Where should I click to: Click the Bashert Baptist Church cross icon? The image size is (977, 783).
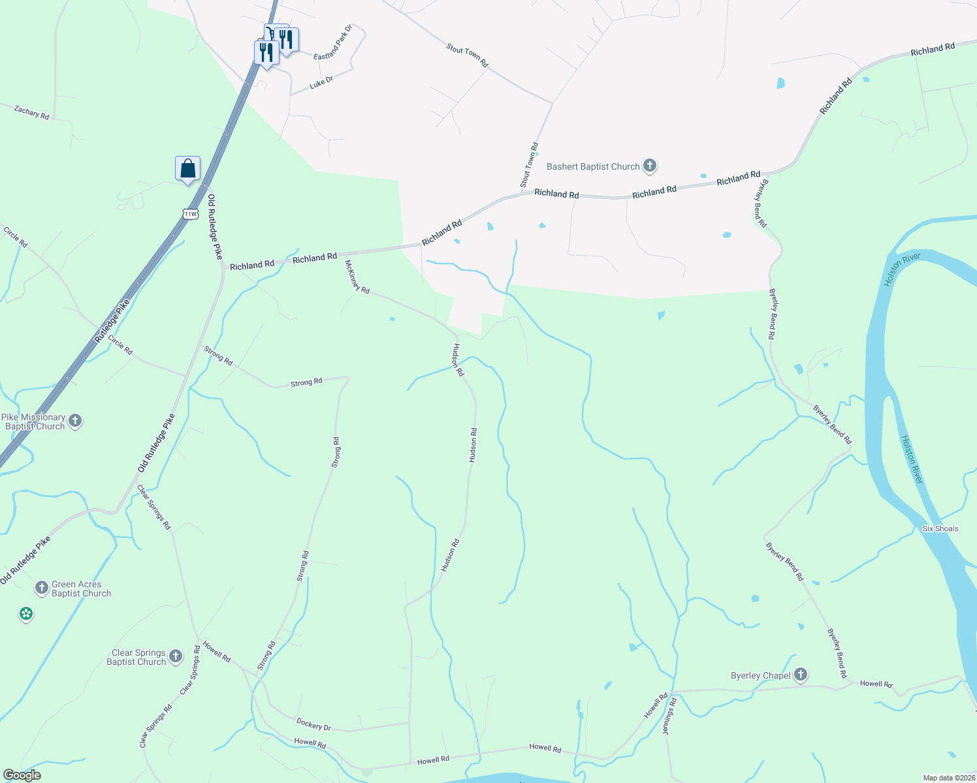click(x=649, y=166)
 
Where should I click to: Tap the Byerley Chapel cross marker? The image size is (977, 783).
click(x=801, y=675)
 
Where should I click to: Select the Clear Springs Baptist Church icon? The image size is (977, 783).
click(x=176, y=656)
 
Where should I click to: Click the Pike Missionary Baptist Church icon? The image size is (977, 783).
click(x=75, y=421)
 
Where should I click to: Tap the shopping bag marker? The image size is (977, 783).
click(x=187, y=169)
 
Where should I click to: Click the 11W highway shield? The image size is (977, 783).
click(x=190, y=214)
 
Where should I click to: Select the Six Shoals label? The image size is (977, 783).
click(x=940, y=529)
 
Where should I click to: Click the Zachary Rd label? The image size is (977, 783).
click(x=31, y=112)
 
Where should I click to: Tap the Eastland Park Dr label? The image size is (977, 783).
click(x=333, y=43)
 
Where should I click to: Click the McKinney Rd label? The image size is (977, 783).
click(x=357, y=277)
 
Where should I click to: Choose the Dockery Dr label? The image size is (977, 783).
click(x=313, y=724)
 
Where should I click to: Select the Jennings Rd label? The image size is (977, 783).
click(x=669, y=716)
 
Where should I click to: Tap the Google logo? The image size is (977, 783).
click(x=22, y=775)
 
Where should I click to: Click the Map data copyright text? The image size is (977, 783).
click(x=948, y=778)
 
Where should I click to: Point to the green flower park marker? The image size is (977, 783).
click(x=26, y=613)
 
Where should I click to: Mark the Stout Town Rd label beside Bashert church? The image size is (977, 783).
click(x=529, y=165)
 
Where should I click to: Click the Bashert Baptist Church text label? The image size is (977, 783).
click(x=593, y=167)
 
